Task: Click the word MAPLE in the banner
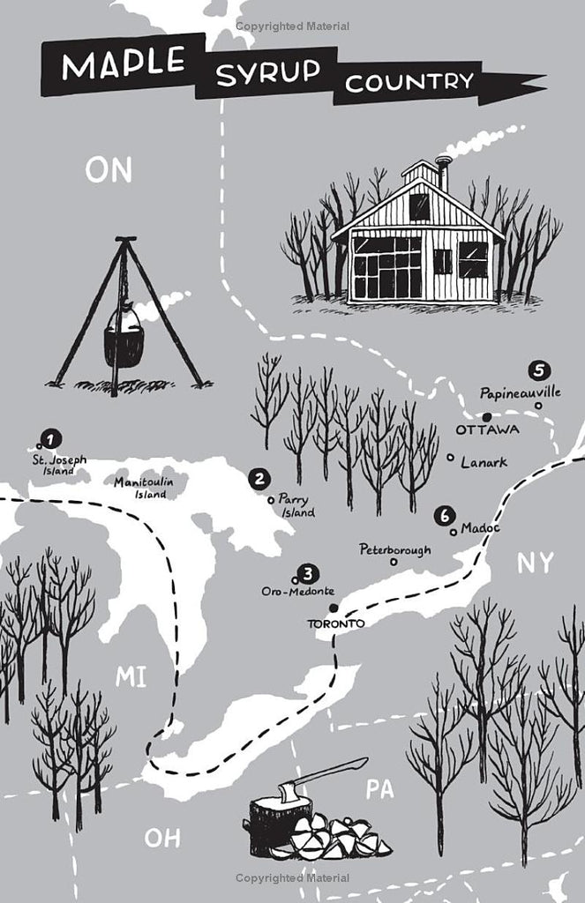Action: pos(124,63)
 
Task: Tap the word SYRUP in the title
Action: pos(267,72)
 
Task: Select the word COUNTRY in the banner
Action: pos(409,82)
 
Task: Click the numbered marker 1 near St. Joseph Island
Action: pos(51,439)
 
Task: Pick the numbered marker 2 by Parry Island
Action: pos(259,479)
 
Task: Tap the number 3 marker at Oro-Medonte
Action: pos(309,573)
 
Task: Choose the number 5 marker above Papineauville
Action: pos(538,370)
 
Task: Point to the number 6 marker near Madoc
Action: pos(445,517)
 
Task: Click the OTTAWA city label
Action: pos(487,429)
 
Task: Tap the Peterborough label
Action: pos(394,549)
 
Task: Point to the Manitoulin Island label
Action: pos(143,487)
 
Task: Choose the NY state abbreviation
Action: pos(536,563)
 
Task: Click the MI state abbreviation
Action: pos(131,676)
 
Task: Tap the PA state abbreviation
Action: pos(379,789)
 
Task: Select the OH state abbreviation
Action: pos(162,838)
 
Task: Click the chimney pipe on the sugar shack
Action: pos(444,174)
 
